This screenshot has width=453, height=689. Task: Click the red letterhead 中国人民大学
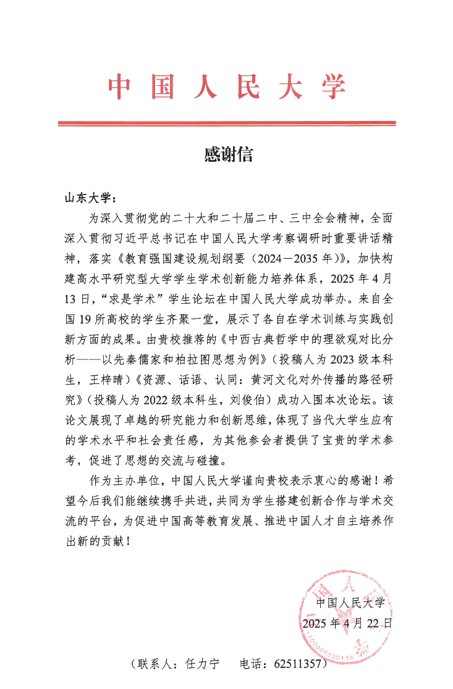227,87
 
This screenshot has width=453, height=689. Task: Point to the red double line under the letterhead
227,124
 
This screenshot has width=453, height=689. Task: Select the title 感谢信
228,154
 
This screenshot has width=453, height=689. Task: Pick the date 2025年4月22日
347,623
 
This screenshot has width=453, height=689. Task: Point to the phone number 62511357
300,665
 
